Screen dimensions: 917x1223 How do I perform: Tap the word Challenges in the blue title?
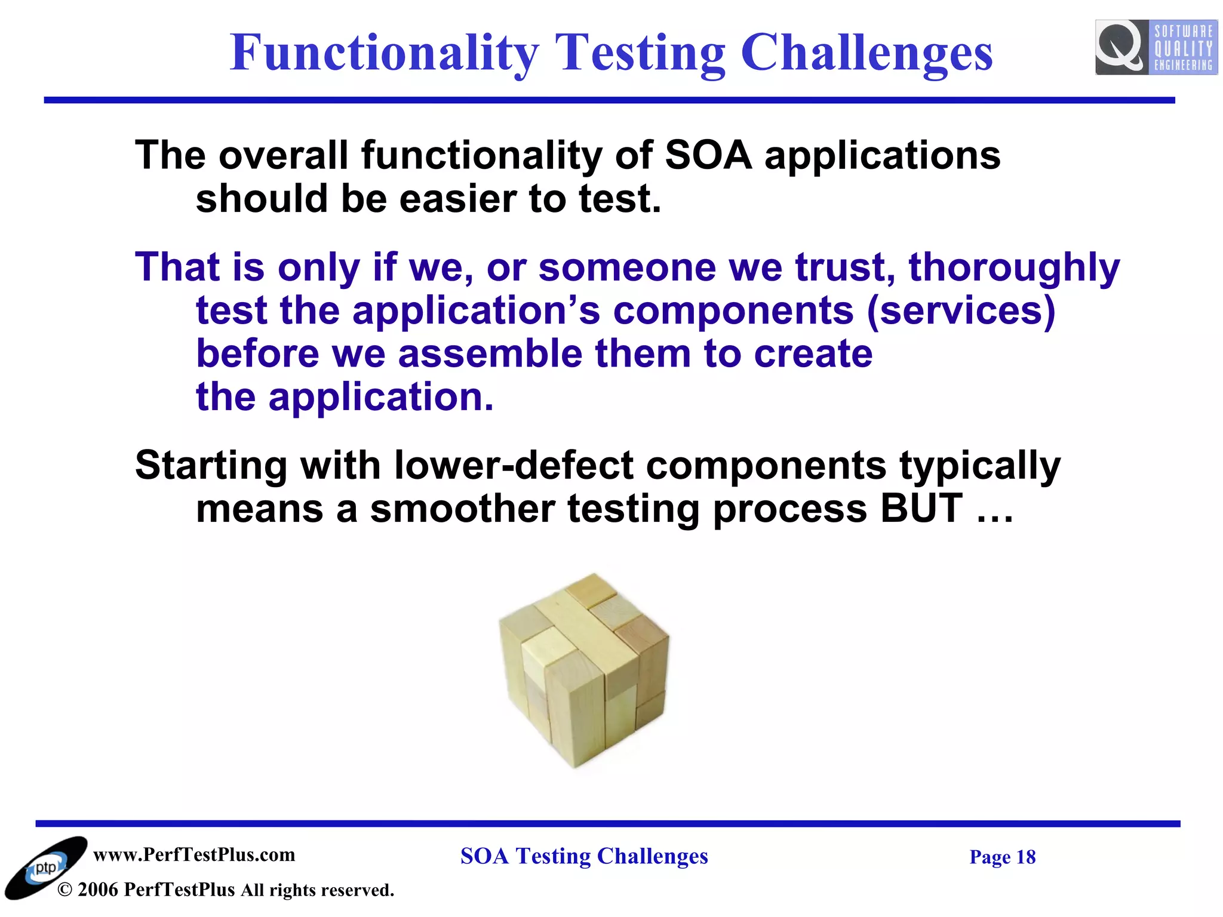pyautogui.click(x=866, y=53)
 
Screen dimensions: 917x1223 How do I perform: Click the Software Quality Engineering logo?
pyautogui.click(x=1156, y=47)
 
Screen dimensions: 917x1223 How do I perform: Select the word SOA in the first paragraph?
pyautogui.click(x=708, y=155)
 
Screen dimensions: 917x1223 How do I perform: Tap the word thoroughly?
pyautogui.click(x=1014, y=267)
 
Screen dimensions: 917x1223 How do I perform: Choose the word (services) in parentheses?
pyautogui.click(x=961, y=310)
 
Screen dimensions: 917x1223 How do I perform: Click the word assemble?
pyautogui.click(x=490, y=353)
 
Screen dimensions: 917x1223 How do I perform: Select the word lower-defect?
pyautogui.click(x=514, y=465)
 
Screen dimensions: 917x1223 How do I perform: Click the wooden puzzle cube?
pyautogui.click(x=584, y=669)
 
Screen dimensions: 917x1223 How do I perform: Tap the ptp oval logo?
pyautogui.click(x=45, y=868)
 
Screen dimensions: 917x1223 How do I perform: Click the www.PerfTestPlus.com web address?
pyautogui.click(x=194, y=854)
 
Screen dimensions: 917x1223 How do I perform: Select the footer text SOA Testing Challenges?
pyautogui.click(x=584, y=856)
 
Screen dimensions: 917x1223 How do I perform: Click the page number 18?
pyautogui.click(x=1025, y=857)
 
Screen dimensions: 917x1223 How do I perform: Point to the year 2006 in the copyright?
pyautogui.click(x=97, y=890)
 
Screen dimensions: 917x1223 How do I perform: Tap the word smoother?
pyautogui.click(x=462, y=509)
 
